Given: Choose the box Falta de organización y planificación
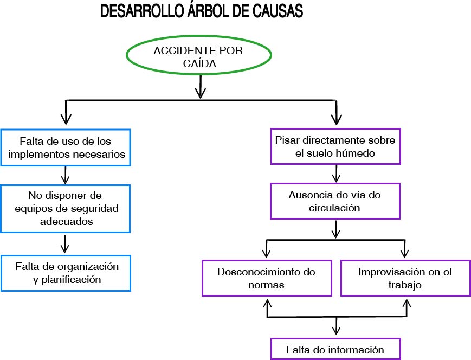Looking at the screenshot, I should point(67,273).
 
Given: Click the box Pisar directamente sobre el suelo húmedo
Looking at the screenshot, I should point(335,146).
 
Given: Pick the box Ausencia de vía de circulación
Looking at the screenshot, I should point(335,200).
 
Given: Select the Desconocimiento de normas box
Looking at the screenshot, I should point(266,278).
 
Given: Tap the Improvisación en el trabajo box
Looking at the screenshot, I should point(405,278).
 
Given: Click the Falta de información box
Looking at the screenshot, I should point(335,350).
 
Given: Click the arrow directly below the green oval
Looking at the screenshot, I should point(201,87).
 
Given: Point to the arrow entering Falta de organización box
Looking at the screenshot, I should point(65,244).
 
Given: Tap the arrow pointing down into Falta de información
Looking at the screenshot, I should point(337,327).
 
